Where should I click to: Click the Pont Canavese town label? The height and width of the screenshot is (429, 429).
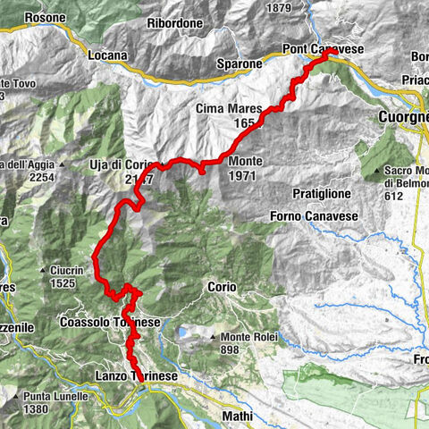(x=323, y=46)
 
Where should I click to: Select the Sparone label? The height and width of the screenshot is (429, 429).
(x=240, y=64)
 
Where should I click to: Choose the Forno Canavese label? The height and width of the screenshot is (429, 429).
(x=308, y=215)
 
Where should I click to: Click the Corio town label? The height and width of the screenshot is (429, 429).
(x=222, y=287)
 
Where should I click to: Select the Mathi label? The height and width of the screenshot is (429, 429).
(x=235, y=416)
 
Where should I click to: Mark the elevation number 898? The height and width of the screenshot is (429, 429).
(x=234, y=349)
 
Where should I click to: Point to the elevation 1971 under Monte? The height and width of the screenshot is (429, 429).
(x=242, y=176)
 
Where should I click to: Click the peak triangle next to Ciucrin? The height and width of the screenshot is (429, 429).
(x=43, y=271)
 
